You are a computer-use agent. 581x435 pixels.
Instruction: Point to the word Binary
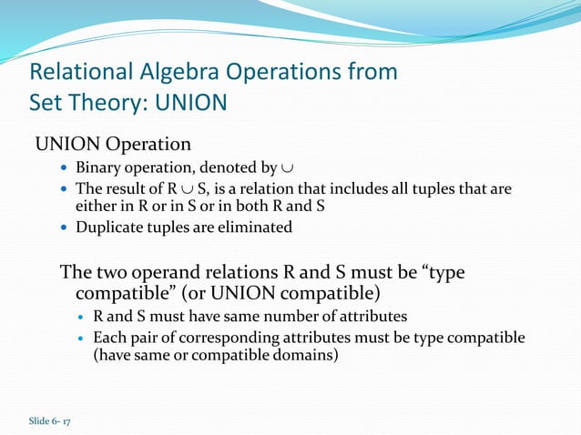pyautogui.click(x=97, y=168)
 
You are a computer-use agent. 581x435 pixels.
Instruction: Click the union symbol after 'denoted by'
pyautogui.click(x=288, y=169)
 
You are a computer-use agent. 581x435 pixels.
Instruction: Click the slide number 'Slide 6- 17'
pyautogui.click(x=56, y=420)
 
